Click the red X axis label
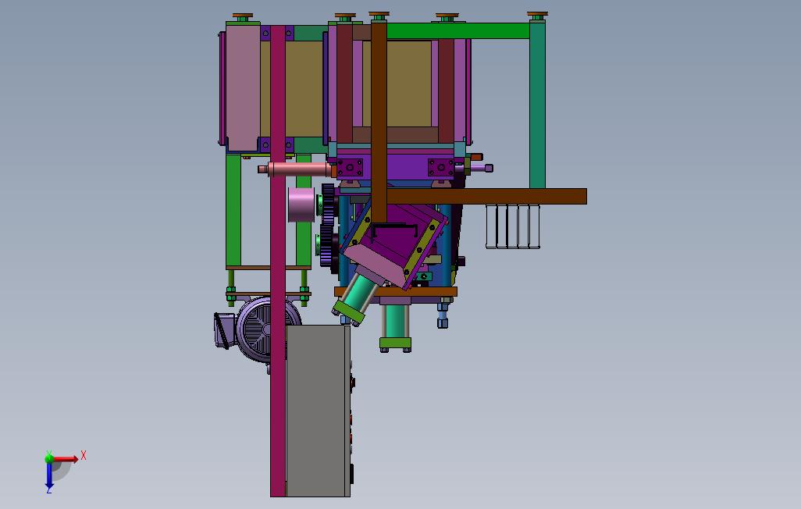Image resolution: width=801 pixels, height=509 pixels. click(x=84, y=455)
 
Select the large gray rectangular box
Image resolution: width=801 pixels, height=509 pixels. click(x=318, y=411)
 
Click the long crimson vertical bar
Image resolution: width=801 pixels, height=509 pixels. click(x=277, y=261)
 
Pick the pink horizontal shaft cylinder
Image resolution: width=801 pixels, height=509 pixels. click(x=297, y=169)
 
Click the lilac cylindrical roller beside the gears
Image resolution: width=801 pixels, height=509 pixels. click(x=301, y=205)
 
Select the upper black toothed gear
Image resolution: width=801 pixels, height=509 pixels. click(x=329, y=201)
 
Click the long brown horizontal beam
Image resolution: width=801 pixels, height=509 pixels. click(x=486, y=196)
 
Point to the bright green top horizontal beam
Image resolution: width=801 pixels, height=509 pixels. click(x=457, y=30)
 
